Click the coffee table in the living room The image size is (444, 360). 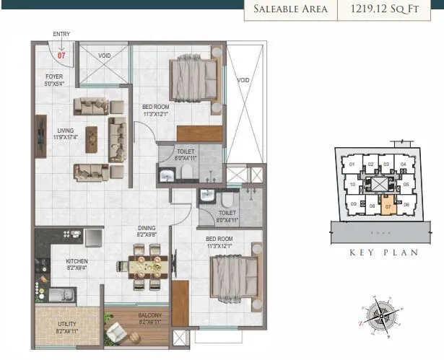(92, 139)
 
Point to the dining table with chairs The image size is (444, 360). (147, 265)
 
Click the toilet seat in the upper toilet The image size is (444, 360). (186, 171)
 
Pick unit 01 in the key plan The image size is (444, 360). (352, 164)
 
